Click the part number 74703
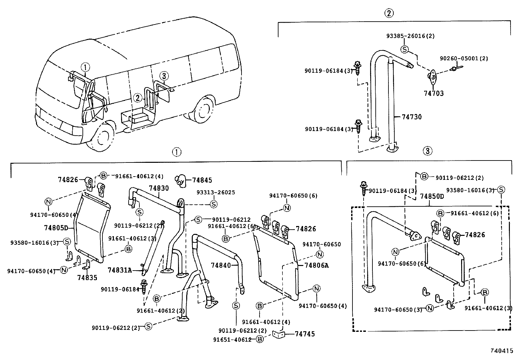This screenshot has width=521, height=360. pyautogui.click(x=434, y=93)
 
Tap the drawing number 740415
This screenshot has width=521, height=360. pyautogui.click(x=502, y=351)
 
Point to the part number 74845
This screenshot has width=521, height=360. pyautogui.click(x=202, y=180)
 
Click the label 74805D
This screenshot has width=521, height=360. pyautogui.click(x=56, y=228)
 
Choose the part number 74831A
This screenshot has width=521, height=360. pyautogui.click(x=119, y=270)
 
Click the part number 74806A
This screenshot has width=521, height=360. pyautogui.click(x=316, y=265)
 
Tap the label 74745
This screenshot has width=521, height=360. pyautogui.click(x=305, y=334)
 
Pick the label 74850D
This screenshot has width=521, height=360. pyautogui.click(x=432, y=197)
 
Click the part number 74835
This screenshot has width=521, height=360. pyautogui.click(x=87, y=277)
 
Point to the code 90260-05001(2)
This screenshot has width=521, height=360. pyautogui.click(x=464, y=58)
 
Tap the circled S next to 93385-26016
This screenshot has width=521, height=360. pyautogui.click(x=405, y=49)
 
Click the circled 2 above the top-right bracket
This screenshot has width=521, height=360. pyautogui.click(x=388, y=13)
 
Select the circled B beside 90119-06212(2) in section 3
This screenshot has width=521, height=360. pyautogui.click(x=424, y=177)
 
